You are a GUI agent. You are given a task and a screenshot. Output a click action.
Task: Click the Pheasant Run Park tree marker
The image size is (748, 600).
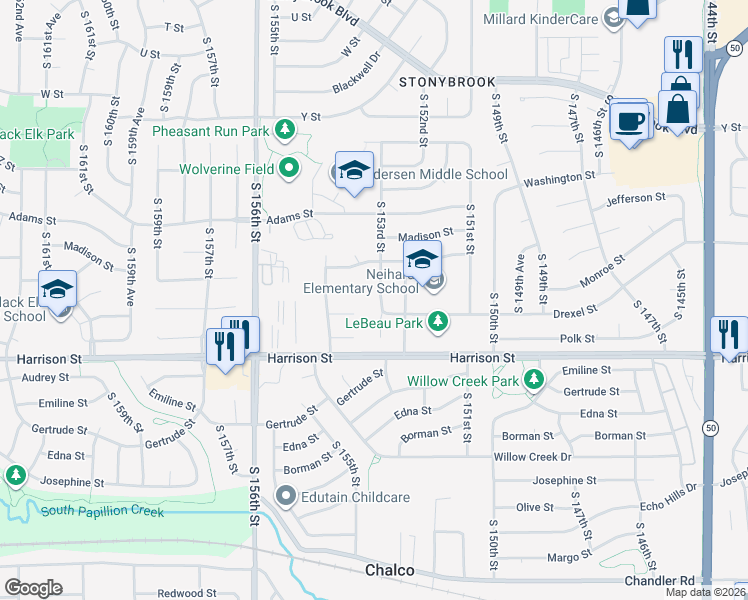pos(286,131)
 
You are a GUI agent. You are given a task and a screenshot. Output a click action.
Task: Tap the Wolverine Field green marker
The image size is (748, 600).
pos(290,168)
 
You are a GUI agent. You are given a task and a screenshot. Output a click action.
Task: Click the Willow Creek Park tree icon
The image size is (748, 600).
pos(534,380)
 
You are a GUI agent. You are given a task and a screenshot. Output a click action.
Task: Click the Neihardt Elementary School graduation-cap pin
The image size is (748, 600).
pos(423,260)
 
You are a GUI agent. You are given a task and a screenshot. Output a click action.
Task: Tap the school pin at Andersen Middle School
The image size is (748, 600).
pos(354,171)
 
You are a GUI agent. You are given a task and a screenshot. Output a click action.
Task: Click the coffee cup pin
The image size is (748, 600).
pos(629,120)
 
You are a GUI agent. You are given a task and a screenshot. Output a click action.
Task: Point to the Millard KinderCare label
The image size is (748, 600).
pos(540,19)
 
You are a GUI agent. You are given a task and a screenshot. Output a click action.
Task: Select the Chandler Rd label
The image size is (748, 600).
pos(659,580)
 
